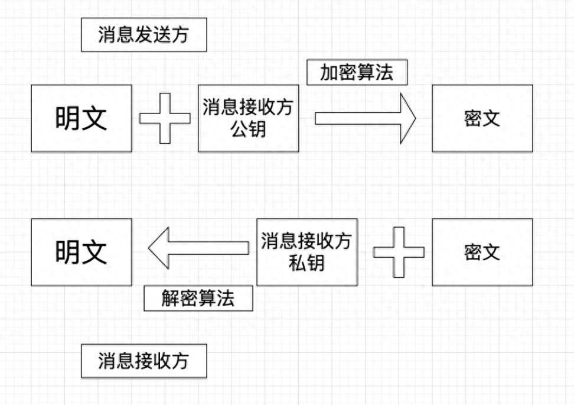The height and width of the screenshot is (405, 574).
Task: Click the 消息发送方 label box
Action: pos(143,35)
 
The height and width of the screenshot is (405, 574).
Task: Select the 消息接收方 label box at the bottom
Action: pos(143,361)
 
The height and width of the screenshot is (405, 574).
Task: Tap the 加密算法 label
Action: pos(357,73)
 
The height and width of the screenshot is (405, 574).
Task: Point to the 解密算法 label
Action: pos(198,298)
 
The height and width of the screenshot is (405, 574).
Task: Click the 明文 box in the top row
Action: pos(81,118)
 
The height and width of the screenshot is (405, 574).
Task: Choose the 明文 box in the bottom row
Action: pos(81,252)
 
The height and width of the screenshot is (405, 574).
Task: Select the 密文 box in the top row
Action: pos(482,118)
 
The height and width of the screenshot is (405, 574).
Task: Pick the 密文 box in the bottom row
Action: pos(482,252)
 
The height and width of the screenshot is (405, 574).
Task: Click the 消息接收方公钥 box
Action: pos(248,118)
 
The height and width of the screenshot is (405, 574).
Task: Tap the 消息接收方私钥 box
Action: pos(306,252)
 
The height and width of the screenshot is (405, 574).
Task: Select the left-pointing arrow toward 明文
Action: pos(198,248)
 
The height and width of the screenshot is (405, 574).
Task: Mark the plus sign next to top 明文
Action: pos(165,118)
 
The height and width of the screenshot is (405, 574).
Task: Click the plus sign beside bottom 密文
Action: pos(399,252)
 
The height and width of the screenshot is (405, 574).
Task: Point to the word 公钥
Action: pos(248,129)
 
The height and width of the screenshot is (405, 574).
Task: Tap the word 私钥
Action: pos(306,263)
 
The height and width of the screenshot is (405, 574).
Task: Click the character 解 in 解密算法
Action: pos(171,298)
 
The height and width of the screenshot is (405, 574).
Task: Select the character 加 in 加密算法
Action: pos(330,73)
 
